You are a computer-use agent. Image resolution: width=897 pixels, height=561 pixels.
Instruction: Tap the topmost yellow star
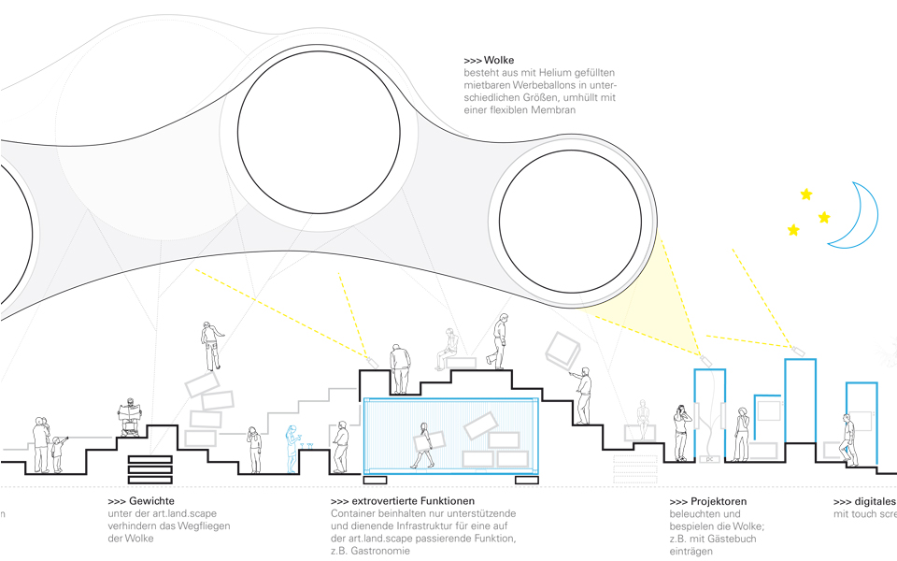click(x=805, y=194)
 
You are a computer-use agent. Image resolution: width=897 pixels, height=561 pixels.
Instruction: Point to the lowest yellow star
click(x=793, y=230)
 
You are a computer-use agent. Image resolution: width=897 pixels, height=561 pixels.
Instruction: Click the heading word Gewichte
click(x=153, y=501)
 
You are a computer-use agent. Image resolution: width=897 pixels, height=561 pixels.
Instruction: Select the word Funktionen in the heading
click(x=443, y=501)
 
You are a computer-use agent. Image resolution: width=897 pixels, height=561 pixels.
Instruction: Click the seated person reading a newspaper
click(x=129, y=418)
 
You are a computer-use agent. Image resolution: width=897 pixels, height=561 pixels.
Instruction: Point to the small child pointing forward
click(x=58, y=453)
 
